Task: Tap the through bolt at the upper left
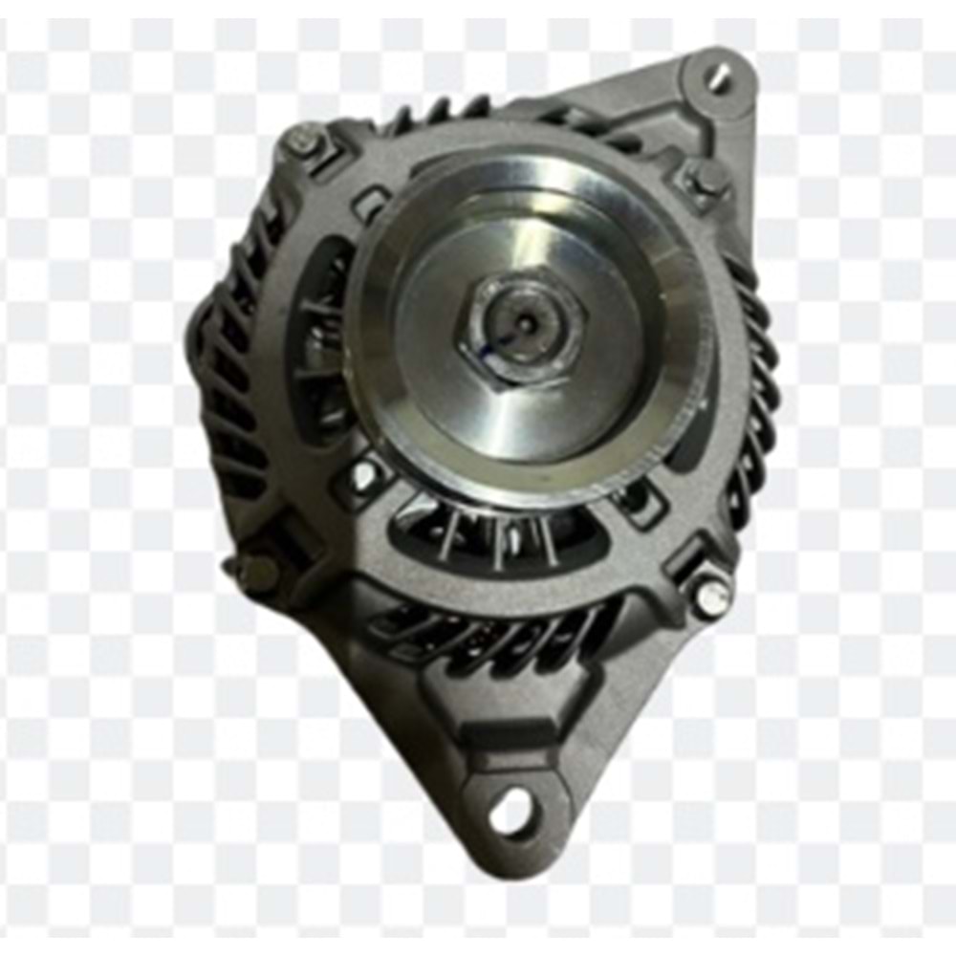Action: [305, 144]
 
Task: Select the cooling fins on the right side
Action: [755, 402]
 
